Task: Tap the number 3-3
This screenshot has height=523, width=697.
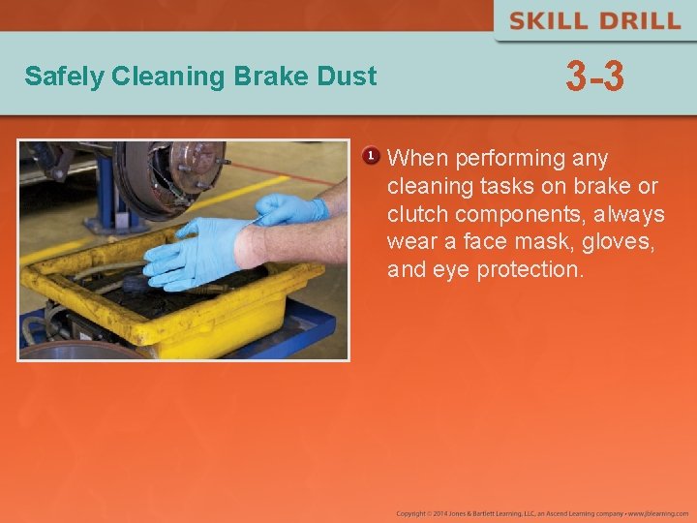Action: click(x=594, y=77)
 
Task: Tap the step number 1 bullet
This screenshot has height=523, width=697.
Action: click(x=370, y=156)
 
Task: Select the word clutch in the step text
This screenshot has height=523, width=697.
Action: click(x=416, y=214)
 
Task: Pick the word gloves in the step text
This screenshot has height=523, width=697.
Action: click(x=620, y=242)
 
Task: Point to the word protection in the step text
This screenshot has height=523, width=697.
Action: click(x=530, y=270)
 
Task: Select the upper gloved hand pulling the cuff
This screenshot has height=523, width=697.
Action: click(x=290, y=208)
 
